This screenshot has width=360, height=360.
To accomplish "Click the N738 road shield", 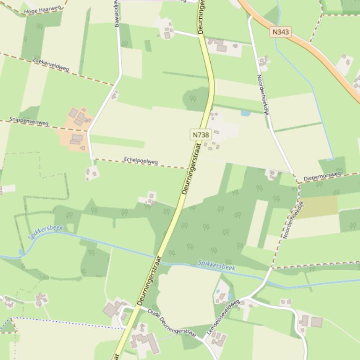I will coord(200,135).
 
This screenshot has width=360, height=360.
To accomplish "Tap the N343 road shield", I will coord(280,32).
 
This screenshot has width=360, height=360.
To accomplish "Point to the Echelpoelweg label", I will coord(141,161).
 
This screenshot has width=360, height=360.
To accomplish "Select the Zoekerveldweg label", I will coord(51,65).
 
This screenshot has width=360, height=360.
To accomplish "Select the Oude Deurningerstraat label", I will coord(171,323).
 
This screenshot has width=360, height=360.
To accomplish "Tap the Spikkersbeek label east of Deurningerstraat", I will coord(216,265).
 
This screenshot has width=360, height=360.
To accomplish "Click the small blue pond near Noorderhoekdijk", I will coord(245,113).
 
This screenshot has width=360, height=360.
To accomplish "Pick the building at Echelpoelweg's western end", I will coord(92,173).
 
